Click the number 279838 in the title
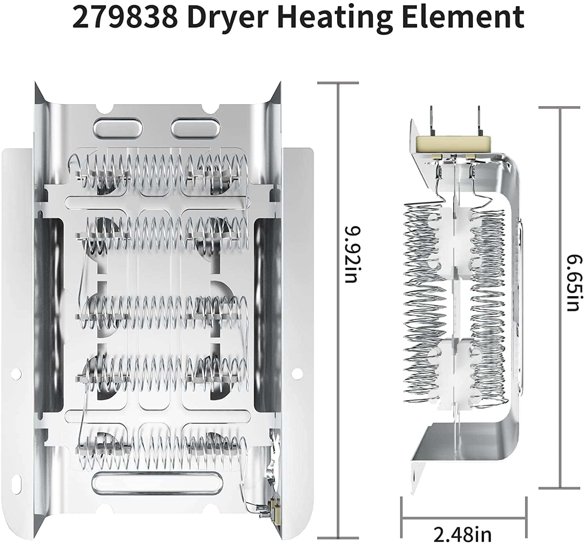(125, 18)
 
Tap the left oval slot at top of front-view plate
(118, 125)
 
